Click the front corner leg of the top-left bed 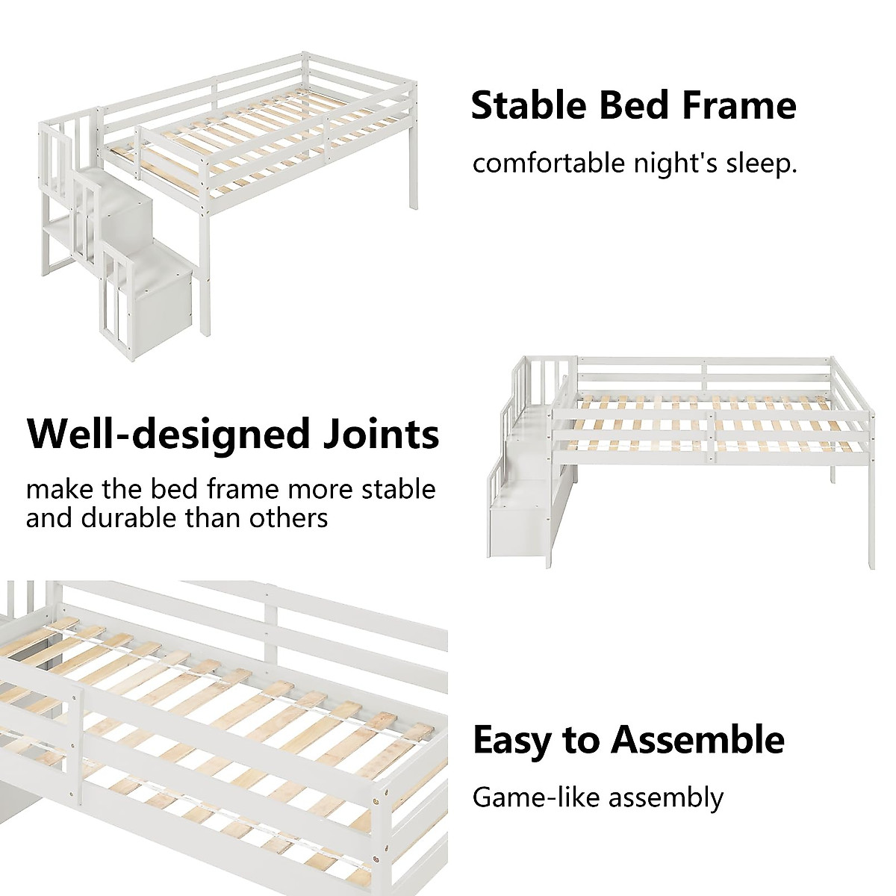[x=205, y=224]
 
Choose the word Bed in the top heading [x=629, y=105]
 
